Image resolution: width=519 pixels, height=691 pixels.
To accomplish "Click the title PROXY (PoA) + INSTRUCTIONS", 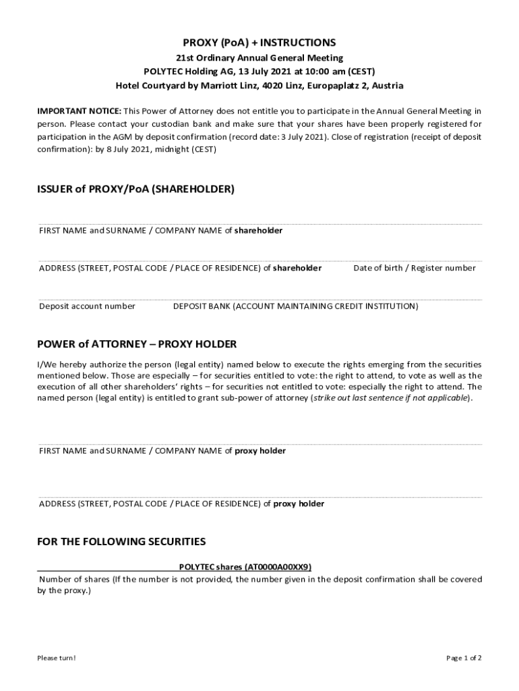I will pyautogui.click(x=259, y=43).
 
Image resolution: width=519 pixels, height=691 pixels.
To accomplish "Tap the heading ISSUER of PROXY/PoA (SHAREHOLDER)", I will pyautogui.click(x=136, y=190).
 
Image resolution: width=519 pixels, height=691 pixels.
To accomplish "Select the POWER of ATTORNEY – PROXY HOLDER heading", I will pyautogui.click(x=137, y=344).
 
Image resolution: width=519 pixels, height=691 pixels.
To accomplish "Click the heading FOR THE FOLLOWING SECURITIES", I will pyautogui.click(x=121, y=542).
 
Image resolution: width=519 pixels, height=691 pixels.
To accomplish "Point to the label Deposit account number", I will pyautogui.click(x=87, y=306).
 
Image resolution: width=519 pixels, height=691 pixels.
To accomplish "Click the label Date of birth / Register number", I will pyautogui.click(x=415, y=268).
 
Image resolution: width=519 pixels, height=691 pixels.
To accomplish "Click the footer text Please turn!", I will pyautogui.click(x=57, y=658).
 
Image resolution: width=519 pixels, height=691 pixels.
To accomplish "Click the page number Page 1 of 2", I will pyautogui.click(x=464, y=658).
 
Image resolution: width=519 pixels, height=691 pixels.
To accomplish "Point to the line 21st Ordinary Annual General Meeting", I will pyautogui.click(x=259, y=58).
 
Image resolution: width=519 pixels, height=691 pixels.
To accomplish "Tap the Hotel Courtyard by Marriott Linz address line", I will pyautogui.click(x=259, y=86).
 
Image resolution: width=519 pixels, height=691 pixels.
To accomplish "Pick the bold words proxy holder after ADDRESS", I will pyautogui.click(x=299, y=503).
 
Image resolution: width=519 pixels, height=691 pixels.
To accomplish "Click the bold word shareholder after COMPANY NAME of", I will pyautogui.click(x=258, y=230).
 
